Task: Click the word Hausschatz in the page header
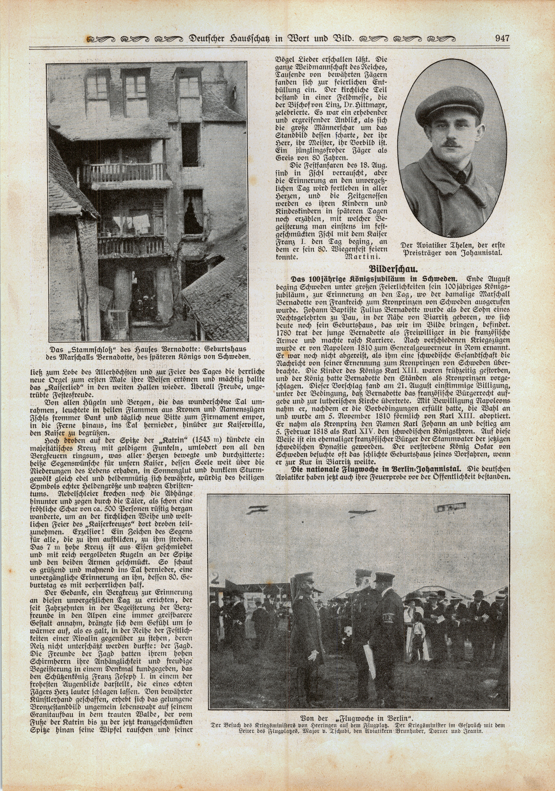tap(258, 39)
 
